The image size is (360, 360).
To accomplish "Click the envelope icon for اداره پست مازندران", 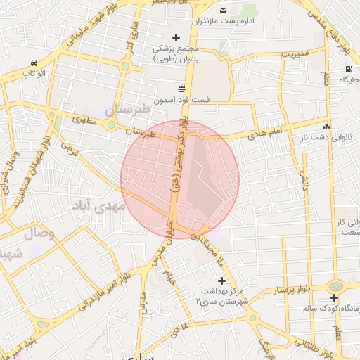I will click(224, 10).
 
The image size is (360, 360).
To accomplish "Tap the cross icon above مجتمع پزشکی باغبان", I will click(176, 37).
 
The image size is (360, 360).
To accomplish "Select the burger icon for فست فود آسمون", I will click(182, 89).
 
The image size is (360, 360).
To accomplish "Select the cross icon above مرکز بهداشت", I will click(222, 280).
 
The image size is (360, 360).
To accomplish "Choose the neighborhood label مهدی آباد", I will click(98, 207).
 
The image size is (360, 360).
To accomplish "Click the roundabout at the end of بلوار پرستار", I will click(335, 287).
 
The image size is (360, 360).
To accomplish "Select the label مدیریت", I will click(295, 53).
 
